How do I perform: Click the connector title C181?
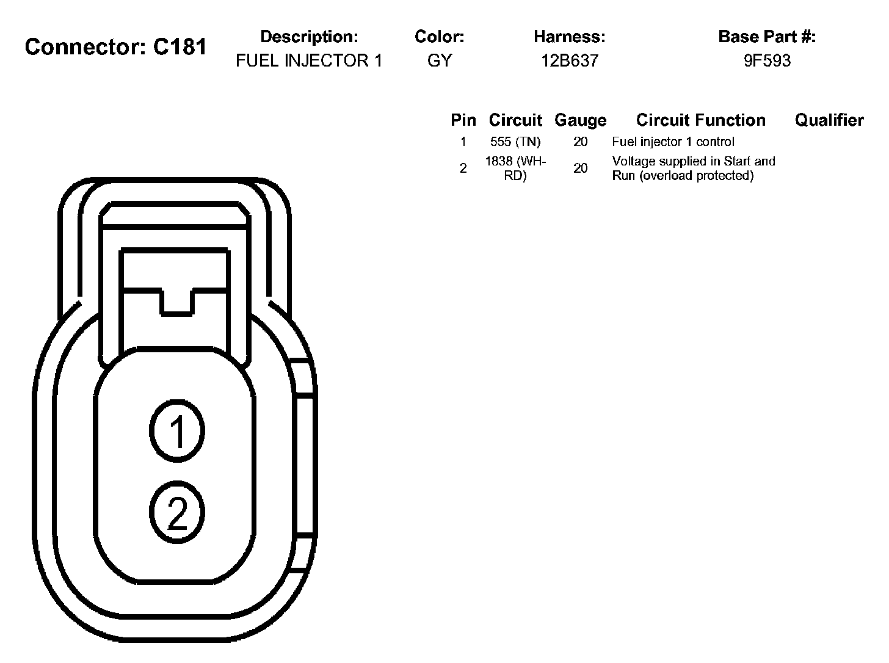(x=116, y=46)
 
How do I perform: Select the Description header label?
(x=309, y=37)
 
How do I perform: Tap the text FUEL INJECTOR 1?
(x=309, y=60)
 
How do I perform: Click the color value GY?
(x=440, y=60)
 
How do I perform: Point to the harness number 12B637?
(x=570, y=60)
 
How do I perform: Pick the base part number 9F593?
(x=767, y=60)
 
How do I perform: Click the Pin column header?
(x=463, y=120)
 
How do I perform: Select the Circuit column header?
(x=515, y=120)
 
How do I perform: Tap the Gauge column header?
(x=580, y=120)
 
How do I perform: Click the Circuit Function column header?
(x=700, y=120)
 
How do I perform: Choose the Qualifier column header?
(x=829, y=120)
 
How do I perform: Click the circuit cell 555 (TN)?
(x=515, y=142)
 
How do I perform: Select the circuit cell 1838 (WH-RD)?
(x=515, y=168)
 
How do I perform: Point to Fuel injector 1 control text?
(x=673, y=142)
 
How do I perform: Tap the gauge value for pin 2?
(x=580, y=168)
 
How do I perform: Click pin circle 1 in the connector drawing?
(x=177, y=431)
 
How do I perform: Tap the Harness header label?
(x=570, y=37)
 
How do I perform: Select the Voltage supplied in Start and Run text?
(x=694, y=168)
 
